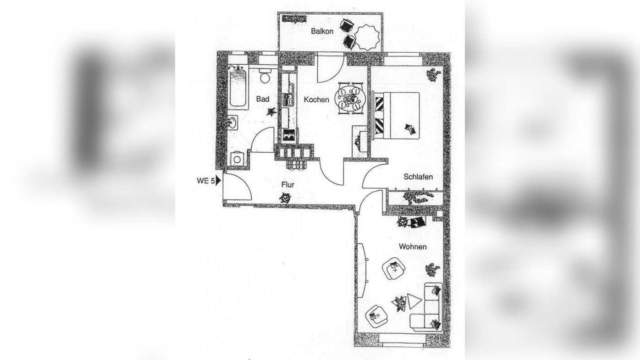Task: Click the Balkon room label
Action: (x=322, y=31)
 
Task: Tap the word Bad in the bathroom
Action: (x=263, y=99)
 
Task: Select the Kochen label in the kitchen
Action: (x=316, y=100)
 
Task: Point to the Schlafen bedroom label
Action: (x=418, y=177)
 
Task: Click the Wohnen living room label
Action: (x=413, y=247)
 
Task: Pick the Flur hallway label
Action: (x=288, y=185)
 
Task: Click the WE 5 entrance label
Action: (x=205, y=181)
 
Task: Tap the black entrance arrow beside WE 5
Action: (x=218, y=181)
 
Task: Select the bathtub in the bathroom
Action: (x=238, y=87)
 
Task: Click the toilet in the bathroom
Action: (x=265, y=76)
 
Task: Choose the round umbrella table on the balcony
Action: (x=367, y=37)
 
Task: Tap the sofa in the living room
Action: (x=429, y=307)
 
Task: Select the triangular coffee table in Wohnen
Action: (x=414, y=301)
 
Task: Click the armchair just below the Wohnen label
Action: (x=394, y=269)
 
